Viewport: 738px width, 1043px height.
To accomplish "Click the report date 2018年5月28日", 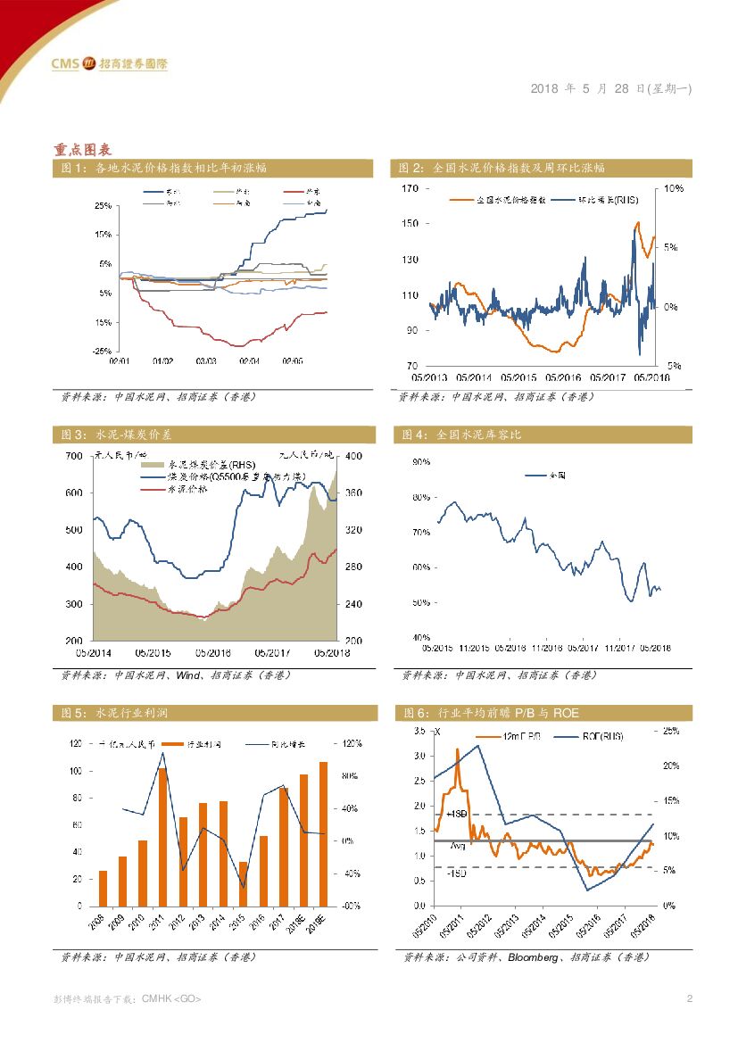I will click(610, 88).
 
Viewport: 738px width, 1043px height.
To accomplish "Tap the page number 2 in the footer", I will click(689, 997).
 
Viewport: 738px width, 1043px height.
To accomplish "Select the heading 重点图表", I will click(81, 149).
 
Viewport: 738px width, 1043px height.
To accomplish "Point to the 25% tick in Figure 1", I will click(102, 205).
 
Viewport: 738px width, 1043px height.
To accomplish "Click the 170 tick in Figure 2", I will click(410, 188).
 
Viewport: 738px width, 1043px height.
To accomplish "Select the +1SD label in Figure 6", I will click(457, 815).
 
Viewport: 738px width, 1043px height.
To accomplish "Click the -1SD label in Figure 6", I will click(457, 873).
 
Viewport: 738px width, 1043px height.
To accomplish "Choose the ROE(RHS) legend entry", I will click(603, 736).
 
